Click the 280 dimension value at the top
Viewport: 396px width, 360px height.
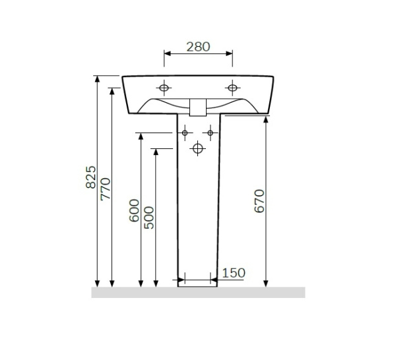point(197,47)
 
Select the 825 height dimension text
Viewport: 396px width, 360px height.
point(92,177)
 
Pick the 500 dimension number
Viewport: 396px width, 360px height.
point(149,218)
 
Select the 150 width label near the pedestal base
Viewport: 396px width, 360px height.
point(234,272)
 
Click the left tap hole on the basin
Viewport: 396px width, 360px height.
point(164,88)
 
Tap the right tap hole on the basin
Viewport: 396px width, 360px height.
point(232,88)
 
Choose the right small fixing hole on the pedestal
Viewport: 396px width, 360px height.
point(211,133)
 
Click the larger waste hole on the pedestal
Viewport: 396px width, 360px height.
point(197,149)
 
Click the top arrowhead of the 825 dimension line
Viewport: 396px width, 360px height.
point(98,79)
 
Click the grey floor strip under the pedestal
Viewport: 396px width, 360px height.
point(198,292)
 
